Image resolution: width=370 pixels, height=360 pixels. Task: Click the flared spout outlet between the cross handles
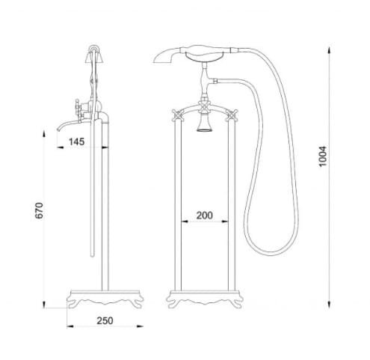pyautogui.click(x=203, y=128)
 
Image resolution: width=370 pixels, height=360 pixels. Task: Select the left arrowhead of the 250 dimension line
pyautogui.click(x=69, y=328)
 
